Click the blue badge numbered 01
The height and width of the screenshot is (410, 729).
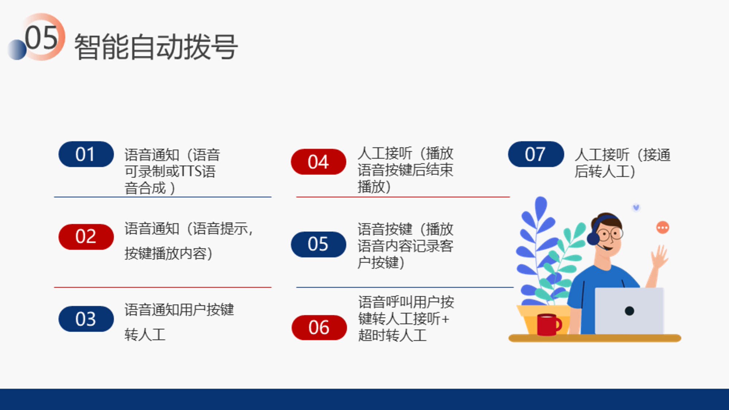86,154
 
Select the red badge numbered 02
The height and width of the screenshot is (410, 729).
86,237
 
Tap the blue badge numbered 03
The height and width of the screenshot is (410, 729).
86,319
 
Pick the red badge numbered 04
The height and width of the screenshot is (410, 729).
319,162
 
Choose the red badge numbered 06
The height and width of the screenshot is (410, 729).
319,327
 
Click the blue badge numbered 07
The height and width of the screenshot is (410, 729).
536,154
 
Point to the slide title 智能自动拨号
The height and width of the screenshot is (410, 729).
156,47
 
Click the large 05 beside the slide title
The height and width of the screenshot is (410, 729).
41,38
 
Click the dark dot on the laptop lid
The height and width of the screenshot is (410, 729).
629,311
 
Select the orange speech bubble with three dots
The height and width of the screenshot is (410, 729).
663,228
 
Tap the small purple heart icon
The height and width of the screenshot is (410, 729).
636,208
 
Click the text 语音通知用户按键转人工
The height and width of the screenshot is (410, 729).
179,322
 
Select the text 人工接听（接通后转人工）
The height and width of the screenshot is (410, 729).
623,163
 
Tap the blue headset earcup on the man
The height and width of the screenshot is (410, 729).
593,239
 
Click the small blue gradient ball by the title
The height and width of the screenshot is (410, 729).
17,50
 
